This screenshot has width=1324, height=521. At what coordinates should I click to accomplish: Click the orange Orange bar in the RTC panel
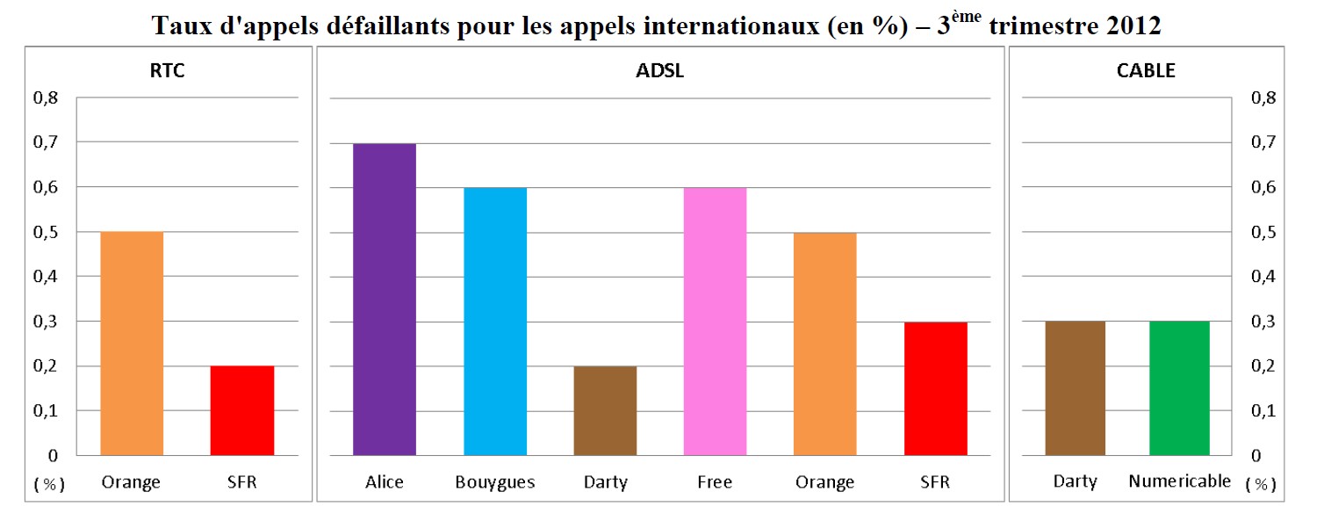[x=132, y=344]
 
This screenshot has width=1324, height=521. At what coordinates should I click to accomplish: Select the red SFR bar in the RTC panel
[x=242, y=410]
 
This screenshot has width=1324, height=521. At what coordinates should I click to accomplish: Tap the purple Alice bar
[x=384, y=299]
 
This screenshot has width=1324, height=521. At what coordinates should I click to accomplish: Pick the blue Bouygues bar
[x=495, y=322]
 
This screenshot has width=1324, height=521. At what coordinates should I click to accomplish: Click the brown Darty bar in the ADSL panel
[x=605, y=410]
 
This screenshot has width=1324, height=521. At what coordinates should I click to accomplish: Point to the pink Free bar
[x=715, y=322]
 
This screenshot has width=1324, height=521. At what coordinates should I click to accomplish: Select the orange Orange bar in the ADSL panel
[x=825, y=344]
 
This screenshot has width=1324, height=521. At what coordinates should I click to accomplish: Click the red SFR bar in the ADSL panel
[x=935, y=388]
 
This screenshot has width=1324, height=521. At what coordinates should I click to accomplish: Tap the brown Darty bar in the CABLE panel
[x=1075, y=388]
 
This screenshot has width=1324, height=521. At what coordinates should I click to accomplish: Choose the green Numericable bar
[x=1179, y=388]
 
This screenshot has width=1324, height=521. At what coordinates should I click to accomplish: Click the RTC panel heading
[x=167, y=72]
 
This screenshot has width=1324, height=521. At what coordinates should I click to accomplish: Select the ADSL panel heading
[x=659, y=72]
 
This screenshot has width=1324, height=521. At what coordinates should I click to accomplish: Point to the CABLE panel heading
[x=1148, y=72]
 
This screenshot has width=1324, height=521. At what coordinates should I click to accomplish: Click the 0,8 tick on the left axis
[x=46, y=98]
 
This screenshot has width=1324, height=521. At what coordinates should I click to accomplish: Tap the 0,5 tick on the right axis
[x=1263, y=232]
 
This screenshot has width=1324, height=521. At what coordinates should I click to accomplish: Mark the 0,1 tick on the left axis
[x=46, y=411]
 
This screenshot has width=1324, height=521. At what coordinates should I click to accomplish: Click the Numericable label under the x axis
[x=1179, y=481]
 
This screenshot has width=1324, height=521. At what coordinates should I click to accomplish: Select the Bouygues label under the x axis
[x=495, y=482]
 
